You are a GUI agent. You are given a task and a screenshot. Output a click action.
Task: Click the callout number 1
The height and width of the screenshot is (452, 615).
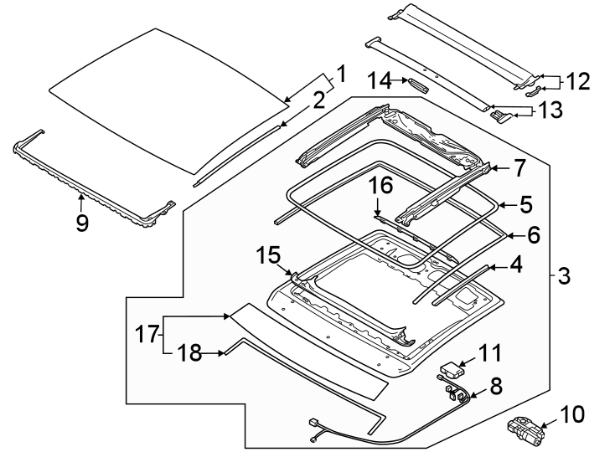(x=340, y=74)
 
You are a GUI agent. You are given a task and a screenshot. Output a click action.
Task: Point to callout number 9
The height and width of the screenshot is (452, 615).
(x=81, y=224)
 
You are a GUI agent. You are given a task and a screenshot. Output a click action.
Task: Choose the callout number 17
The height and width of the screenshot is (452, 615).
(x=147, y=335)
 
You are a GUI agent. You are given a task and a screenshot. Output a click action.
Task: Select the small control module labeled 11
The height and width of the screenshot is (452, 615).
(x=453, y=367)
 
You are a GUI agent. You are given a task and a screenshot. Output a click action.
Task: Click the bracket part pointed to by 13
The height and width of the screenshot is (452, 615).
(x=500, y=115)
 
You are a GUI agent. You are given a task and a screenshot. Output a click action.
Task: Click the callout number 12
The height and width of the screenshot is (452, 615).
(x=577, y=81)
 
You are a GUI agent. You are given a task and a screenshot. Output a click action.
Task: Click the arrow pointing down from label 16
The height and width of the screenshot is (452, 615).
(x=378, y=214)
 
